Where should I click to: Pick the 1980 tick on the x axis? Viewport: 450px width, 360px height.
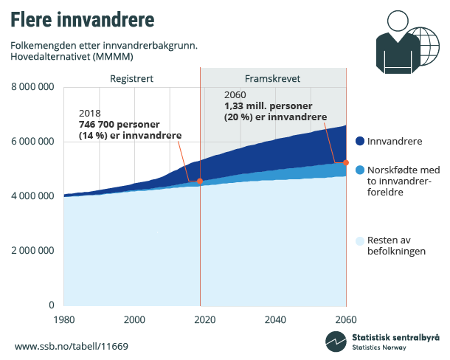pos(63,319)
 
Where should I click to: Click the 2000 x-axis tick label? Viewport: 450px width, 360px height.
pos(134,319)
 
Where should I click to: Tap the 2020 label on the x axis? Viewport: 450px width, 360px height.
pos(204,319)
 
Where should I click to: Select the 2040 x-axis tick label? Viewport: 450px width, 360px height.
pos(275,319)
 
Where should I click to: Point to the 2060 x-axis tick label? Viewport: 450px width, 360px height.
pos(345,319)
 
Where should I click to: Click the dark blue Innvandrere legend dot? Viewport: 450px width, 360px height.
pos(360,141)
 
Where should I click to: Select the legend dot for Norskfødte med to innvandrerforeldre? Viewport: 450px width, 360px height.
pos(360,170)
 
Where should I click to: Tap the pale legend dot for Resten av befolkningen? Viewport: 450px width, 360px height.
pos(360,240)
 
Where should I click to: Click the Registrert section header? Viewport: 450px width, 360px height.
pos(131,78)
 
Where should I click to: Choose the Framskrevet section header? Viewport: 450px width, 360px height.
pos(272,78)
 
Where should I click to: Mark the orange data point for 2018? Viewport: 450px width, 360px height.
pos(200,181)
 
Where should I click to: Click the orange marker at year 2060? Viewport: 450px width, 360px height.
pos(345,162)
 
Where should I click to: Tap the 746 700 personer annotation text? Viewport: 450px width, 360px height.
pos(120,125)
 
